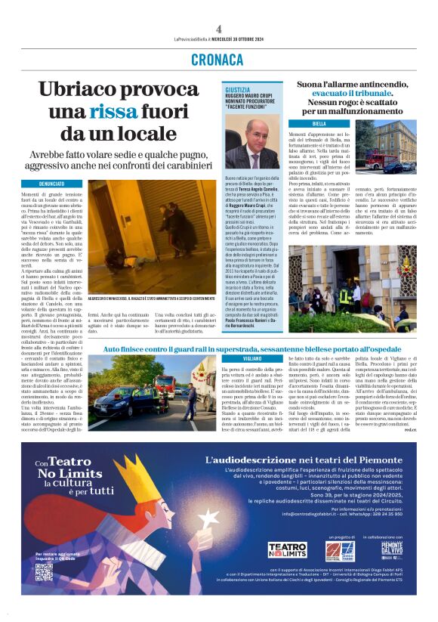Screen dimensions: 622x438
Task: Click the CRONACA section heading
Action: click(217, 60)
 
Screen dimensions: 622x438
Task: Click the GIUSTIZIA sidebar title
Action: click(237, 89)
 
